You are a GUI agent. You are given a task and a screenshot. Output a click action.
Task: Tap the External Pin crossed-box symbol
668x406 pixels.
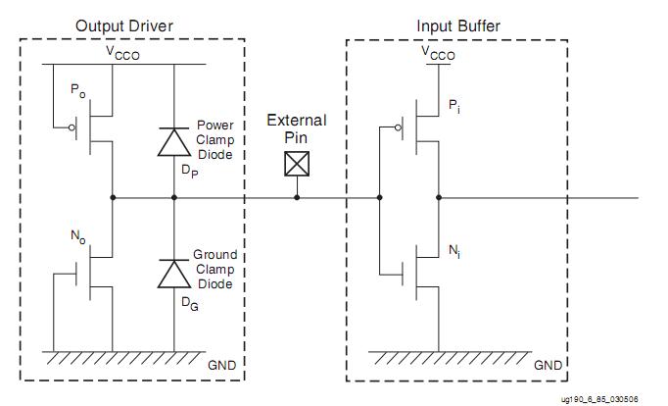coord(297,163)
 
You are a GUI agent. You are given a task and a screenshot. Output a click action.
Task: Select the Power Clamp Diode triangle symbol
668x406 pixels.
coord(174,143)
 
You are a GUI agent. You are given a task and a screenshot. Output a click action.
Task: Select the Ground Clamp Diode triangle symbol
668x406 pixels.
coord(174,275)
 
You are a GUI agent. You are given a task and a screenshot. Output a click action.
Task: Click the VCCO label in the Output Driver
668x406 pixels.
coord(122,55)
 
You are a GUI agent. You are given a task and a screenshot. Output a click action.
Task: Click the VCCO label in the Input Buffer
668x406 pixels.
coord(438,55)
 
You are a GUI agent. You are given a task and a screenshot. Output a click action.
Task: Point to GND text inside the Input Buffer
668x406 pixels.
coord(548,365)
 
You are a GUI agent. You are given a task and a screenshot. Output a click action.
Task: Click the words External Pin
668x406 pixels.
coord(297,128)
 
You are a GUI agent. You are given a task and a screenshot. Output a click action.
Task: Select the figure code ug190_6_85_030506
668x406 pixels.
coord(599,399)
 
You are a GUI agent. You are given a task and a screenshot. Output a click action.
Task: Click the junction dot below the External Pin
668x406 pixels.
coord(297,198)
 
